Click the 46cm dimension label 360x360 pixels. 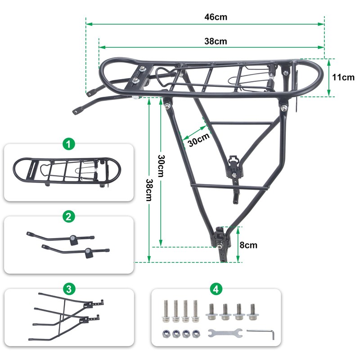point(216,17)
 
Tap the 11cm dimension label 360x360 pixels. point(343,77)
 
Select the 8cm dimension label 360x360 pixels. point(248,245)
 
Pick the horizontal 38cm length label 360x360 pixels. point(216,41)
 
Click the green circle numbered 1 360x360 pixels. point(67,144)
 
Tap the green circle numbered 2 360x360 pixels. point(67,216)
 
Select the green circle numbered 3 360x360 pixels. point(67,289)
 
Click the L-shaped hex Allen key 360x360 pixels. point(260,332)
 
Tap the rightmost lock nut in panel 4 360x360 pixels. point(196,334)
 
